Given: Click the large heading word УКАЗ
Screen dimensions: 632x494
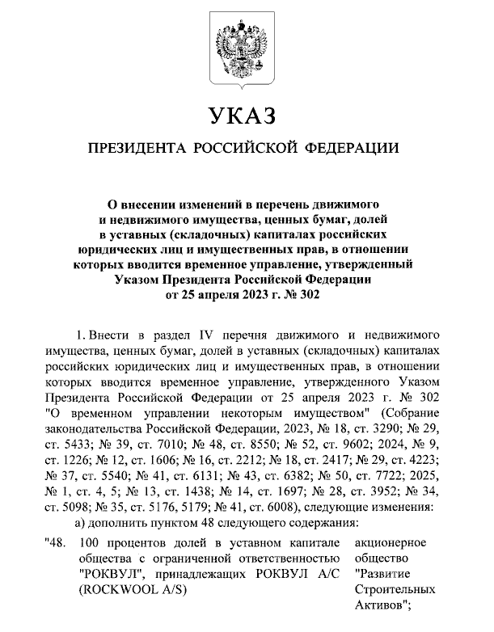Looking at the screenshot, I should click(243, 117).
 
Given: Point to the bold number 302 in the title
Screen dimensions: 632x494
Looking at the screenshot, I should click(310, 295).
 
